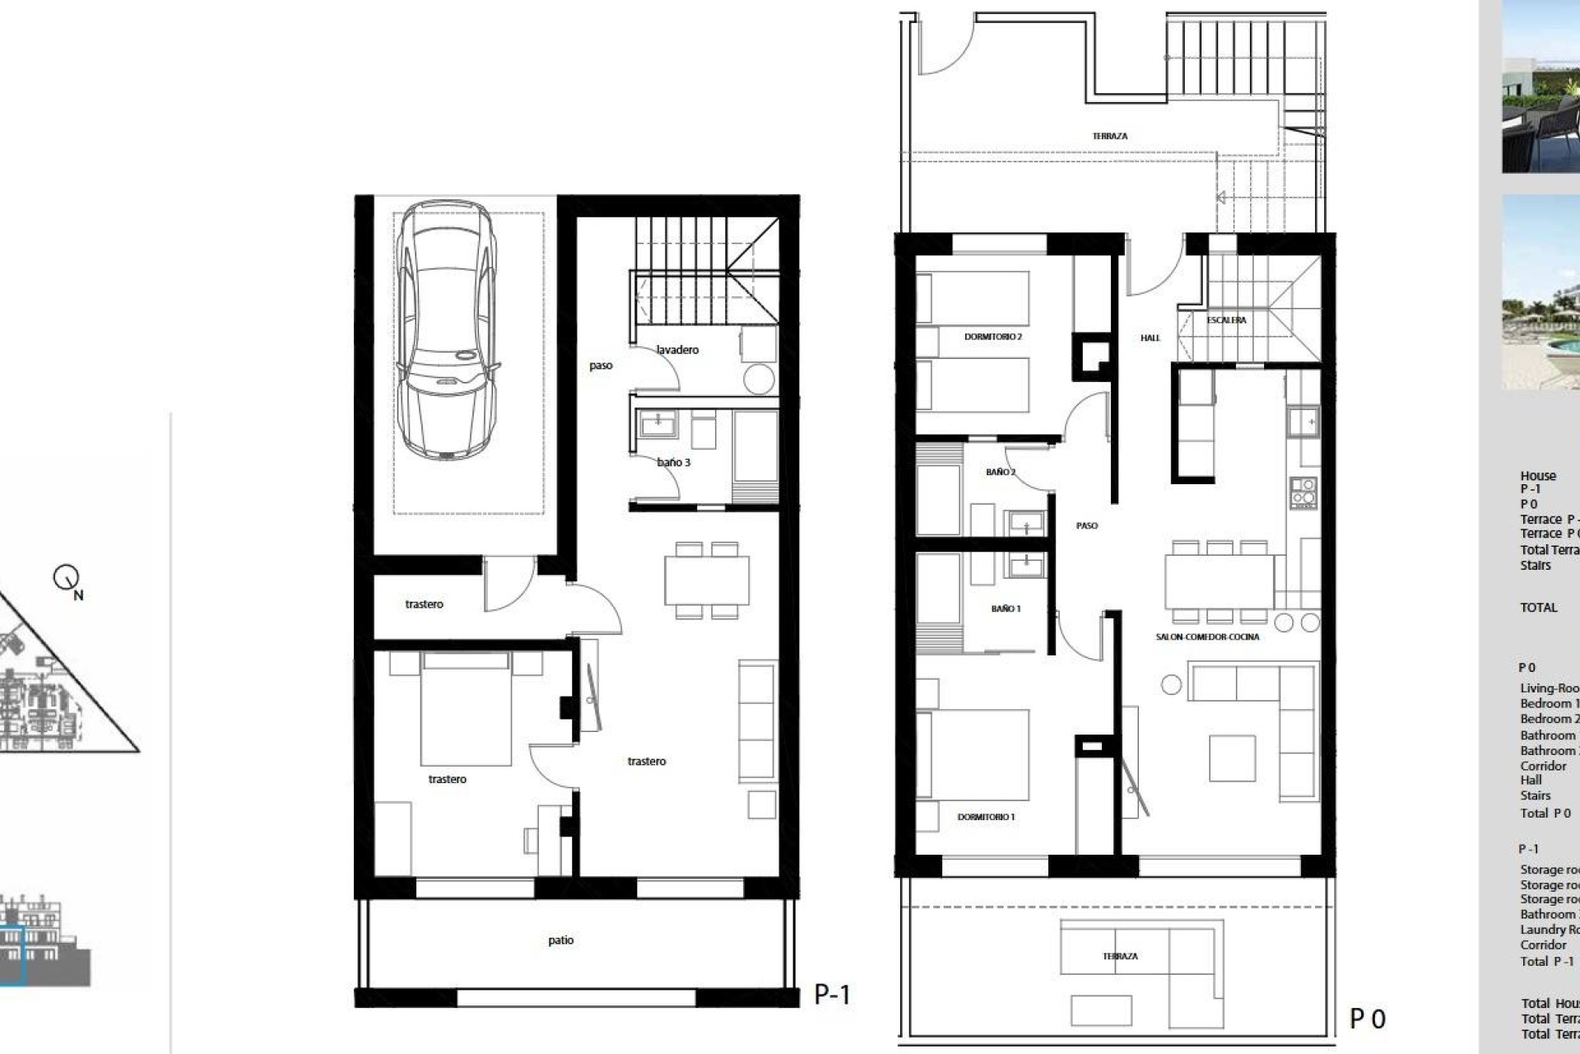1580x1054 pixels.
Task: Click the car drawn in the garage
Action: click(x=447, y=329)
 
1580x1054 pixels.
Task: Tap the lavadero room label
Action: click(x=677, y=350)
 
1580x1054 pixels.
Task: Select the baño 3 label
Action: click(x=673, y=463)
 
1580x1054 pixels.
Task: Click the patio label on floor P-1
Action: click(x=560, y=940)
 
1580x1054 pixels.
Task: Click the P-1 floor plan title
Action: click(x=831, y=995)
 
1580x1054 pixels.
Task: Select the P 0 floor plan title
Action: click(x=1367, y=1019)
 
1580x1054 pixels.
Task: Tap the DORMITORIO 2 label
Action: click(x=992, y=337)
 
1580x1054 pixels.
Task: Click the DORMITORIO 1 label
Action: click(x=986, y=817)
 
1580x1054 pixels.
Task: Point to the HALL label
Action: click(x=1150, y=338)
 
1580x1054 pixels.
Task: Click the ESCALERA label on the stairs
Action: click(x=1226, y=320)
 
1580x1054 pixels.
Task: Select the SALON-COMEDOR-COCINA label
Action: click(x=1207, y=637)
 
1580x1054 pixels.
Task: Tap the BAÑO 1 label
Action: click(x=1006, y=609)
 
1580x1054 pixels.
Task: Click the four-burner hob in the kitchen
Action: click(x=1303, y=492)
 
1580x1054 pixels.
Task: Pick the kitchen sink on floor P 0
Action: click(x=1303, y=422)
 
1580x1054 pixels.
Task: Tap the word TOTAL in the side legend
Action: click(x=1538, y=608)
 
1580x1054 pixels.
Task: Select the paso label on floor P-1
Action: click(x=601, y=366)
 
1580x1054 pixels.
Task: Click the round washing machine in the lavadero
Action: click(x=759, y=379)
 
